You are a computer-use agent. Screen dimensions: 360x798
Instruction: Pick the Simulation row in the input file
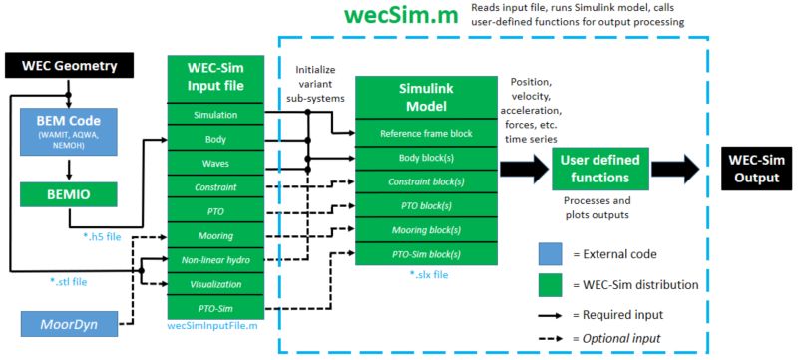pyautogui.click(x=214, y=115)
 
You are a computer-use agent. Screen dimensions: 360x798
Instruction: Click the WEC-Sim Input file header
pyautogui.click(x=214, y=78)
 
